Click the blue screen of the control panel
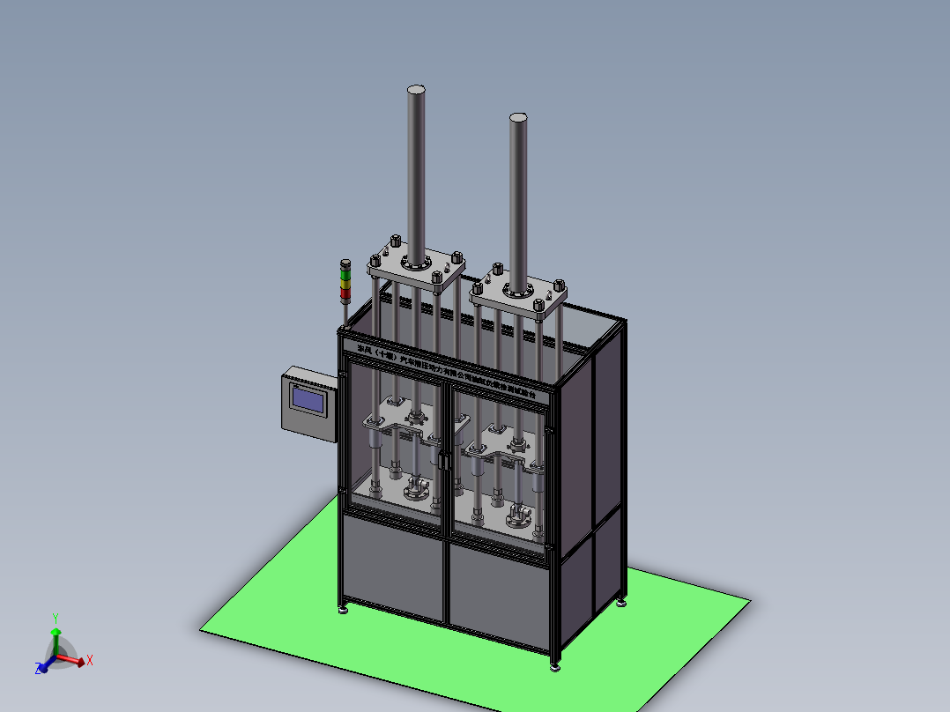pos(307,399)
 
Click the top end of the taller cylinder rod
pos(417,90)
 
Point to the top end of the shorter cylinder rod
pos(518,117)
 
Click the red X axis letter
pos(90,659)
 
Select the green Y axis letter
pos(55,618)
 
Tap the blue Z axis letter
pos(39,670)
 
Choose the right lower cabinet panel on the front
pos(499,592)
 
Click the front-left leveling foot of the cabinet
pos(343,608)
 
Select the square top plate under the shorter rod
pos(518,295)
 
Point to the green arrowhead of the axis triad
pos(56,633)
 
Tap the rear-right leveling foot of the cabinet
pos(622,602)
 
